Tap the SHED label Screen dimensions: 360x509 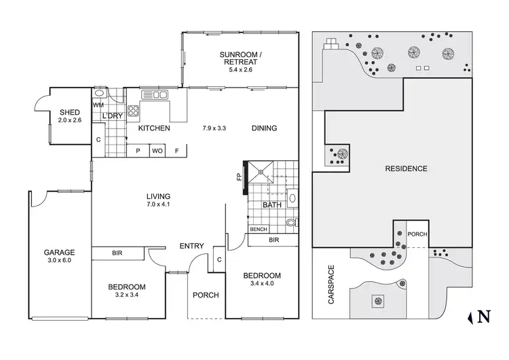[70, 112]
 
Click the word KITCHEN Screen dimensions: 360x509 [153, 128]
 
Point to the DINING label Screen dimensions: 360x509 [264, 128]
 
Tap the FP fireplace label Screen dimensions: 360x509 [238, 178]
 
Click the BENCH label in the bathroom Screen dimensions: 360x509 [259, 230]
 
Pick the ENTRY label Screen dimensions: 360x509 [193, 246]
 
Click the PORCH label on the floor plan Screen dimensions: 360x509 [206, 295]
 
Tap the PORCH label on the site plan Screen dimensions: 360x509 [417, 235]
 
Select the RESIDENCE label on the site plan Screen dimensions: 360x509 [406, 168]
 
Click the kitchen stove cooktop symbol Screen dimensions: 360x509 [134, 112]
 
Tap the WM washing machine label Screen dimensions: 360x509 [98, 105]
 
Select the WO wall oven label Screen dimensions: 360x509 [157, 151]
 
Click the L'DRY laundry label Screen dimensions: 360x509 [112, 116]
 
